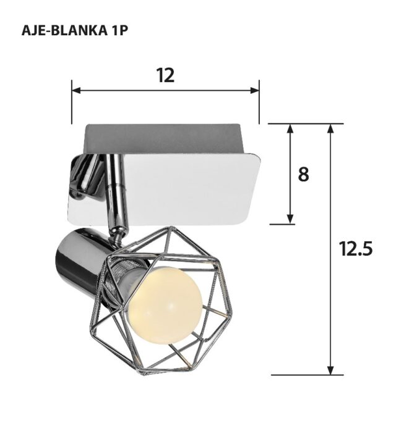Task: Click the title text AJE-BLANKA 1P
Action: coord(75,30)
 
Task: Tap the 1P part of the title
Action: coord(119,30)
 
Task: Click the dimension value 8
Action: coord(303,175)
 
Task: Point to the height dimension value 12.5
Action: coord(356,249)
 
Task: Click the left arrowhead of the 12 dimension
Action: coord(76,90)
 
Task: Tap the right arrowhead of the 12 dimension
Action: coord(255,90)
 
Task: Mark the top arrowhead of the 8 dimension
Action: coord(290,128)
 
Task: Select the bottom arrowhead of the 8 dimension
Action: coord(290,219)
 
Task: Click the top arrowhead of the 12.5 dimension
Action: coord(332,128)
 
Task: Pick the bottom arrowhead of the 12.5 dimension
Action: coord(332,370)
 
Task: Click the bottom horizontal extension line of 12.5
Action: coord(307,374)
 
